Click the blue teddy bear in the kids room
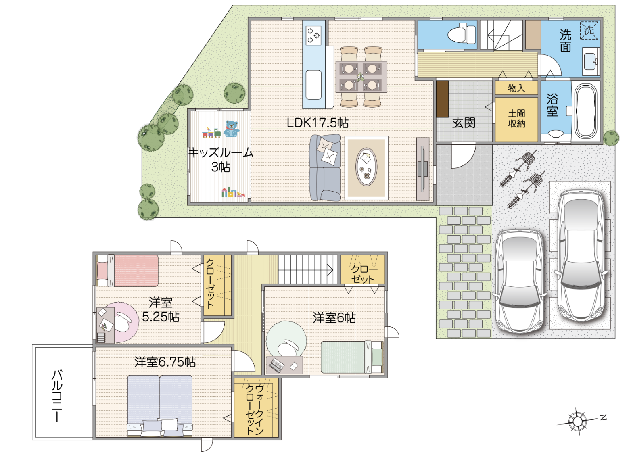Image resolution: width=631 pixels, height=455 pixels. click(x=232, y=129)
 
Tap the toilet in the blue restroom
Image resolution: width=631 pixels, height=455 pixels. click(x=462, y=33)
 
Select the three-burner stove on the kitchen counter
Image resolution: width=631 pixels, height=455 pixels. click(x=313, y=35)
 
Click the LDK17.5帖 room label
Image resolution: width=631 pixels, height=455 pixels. click(x=318, y=123)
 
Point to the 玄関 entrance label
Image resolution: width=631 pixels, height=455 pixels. click(x=464, y=123)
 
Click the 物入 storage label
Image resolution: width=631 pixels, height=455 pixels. click(x=516, y=88)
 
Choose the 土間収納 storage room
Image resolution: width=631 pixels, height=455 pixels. click(x=517, y=119)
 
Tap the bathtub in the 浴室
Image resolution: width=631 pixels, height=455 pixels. click(x=587, y=111)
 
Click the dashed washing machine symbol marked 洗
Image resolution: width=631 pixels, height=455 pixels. click(x=589, y=30)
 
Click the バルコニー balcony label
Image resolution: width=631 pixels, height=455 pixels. click(x=57, y=397)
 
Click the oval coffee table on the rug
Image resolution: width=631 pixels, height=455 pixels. click(x=366, y=167)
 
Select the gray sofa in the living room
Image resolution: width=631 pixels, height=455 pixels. click(x=325, y=167)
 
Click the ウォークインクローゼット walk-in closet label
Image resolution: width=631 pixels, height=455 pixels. click(x=255, y=410)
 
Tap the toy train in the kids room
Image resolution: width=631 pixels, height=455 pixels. click(x=211, y=133)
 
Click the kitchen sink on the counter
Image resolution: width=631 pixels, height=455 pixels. click(x=313, y=84)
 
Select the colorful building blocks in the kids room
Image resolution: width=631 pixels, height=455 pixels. click(x=233, y=192)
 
